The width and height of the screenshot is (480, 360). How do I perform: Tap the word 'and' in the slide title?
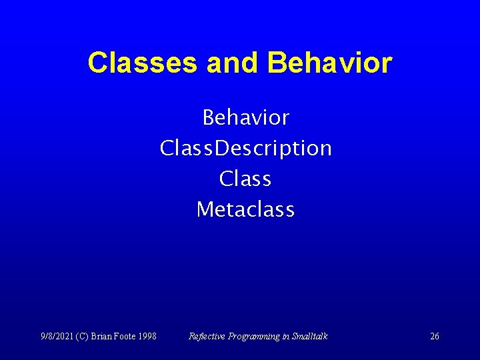coord(233,63)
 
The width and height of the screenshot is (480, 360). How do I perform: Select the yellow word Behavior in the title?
coord(329,63)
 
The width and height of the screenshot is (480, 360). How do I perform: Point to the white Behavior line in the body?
coord(245,118)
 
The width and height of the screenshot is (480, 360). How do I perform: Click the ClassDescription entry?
coord(245,148)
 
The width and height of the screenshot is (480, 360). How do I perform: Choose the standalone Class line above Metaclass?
coord(245,179)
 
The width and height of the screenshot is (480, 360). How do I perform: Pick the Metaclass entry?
coord(245,209)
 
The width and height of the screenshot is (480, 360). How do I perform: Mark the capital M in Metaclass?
coord(204,209)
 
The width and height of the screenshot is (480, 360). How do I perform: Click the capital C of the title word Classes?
coord(97,63)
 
